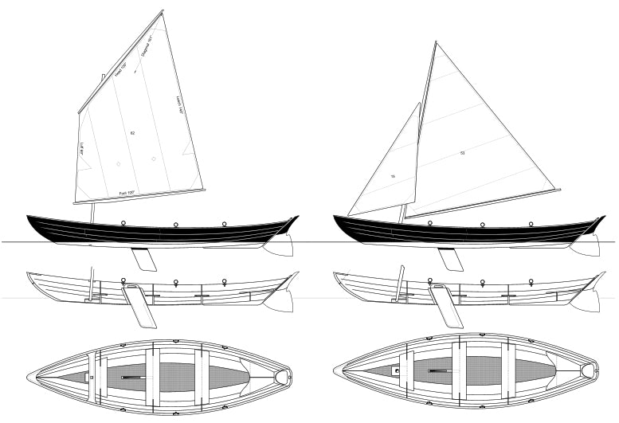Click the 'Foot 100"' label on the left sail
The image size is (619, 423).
[127, 193]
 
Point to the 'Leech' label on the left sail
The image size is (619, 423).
[178, 107]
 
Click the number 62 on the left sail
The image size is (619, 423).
[132, 133]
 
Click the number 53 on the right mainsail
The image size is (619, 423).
[462, 152]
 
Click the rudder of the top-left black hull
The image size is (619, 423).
[281, 245]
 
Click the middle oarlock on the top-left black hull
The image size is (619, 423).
[174, 224]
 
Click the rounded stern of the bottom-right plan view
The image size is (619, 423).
[590, 370]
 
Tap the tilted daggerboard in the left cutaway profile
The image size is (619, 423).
[142, 307]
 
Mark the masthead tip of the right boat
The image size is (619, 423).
[436, 42]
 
